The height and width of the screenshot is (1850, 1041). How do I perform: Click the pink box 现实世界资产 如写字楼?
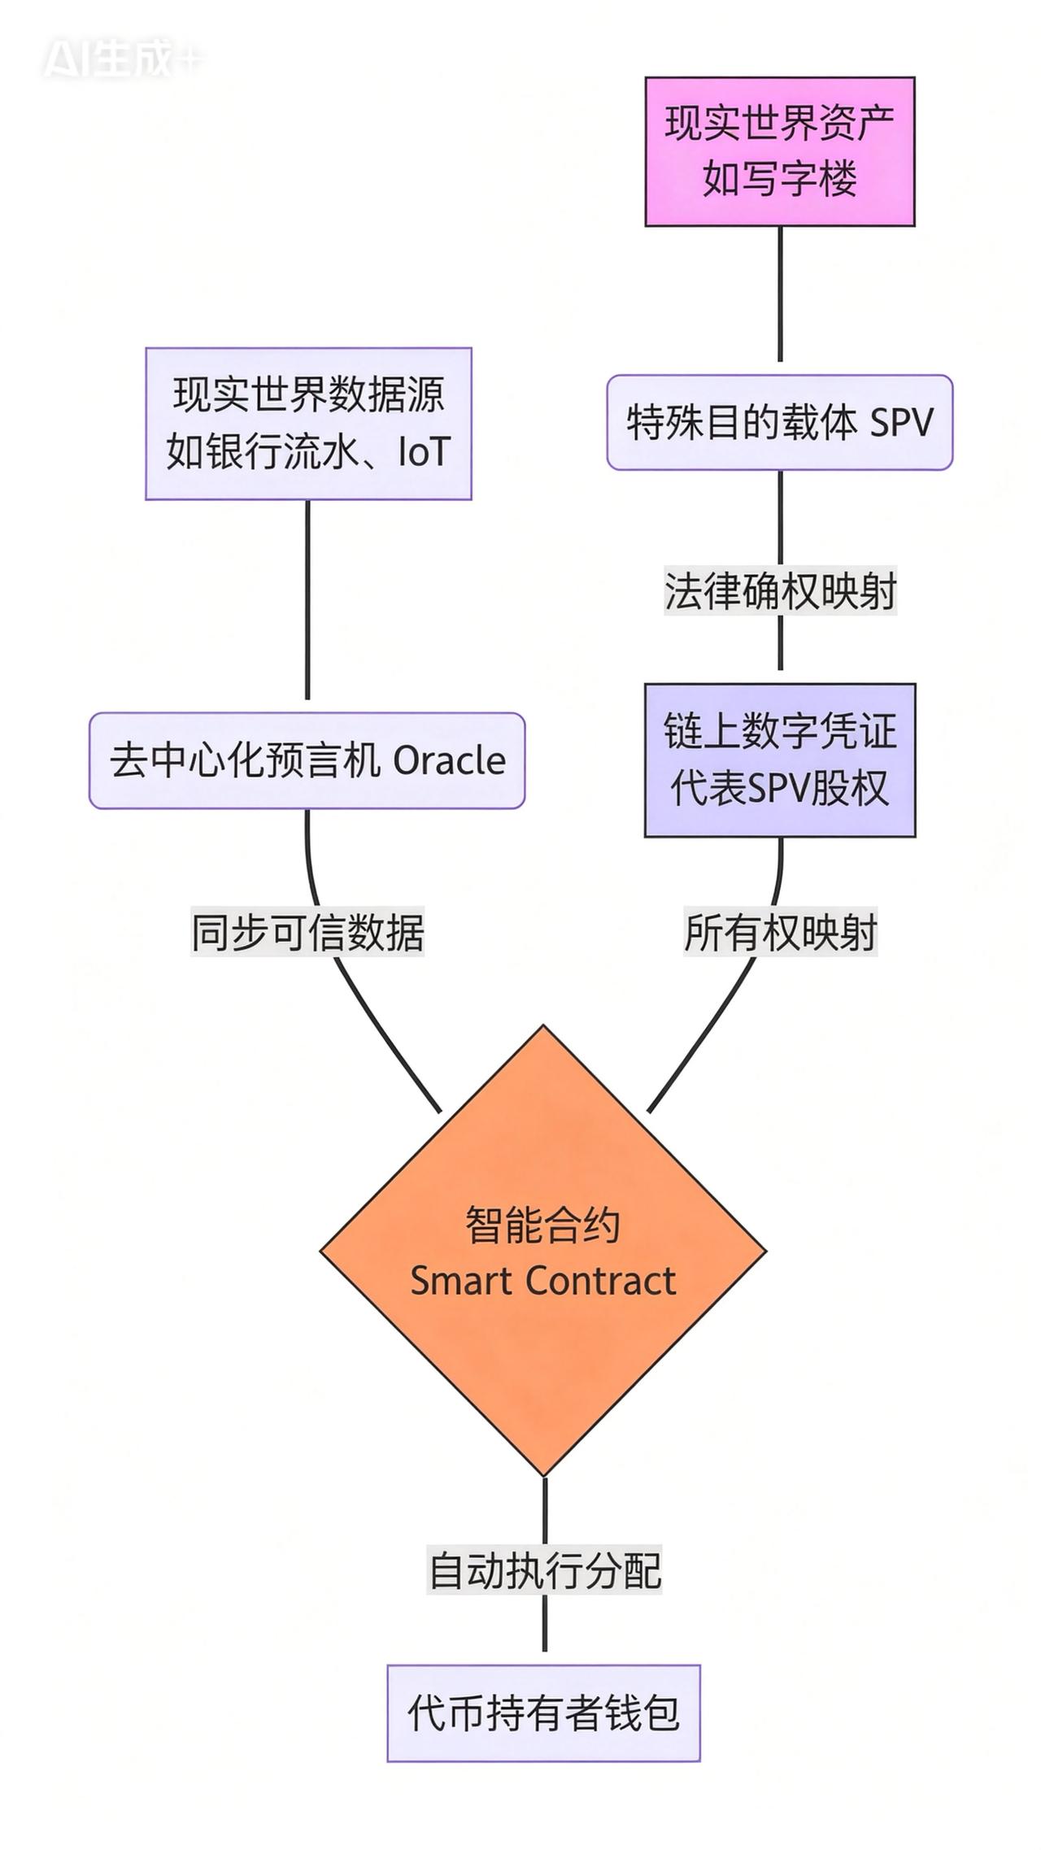(x=779, y=151)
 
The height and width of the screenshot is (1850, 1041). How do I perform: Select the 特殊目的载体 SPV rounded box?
(x=779, y=422)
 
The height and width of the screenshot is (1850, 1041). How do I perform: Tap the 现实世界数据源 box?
(x=308, y=423)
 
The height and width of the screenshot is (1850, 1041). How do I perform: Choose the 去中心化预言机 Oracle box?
(x=307, y=760)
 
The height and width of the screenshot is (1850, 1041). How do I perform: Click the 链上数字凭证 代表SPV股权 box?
(x=779, y=760)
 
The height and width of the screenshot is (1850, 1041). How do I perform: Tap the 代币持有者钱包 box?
(x=543, y=1713)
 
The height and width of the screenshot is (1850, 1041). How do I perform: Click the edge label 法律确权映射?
(x=779, y=590)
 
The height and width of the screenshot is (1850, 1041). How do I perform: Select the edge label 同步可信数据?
(x=307, y=932)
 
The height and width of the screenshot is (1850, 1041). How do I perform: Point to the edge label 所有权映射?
(x=779, y=932)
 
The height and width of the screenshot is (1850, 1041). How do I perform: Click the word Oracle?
(x=449, y=761)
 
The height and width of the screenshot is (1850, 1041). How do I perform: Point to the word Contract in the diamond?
(x=600, y=1281)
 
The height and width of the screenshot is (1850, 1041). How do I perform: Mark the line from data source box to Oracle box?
(x=307, y=602)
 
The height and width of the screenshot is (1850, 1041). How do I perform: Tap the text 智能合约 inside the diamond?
(x=542, y=1224)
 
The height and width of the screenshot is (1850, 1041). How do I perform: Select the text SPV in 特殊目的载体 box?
(x=901, y=423)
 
